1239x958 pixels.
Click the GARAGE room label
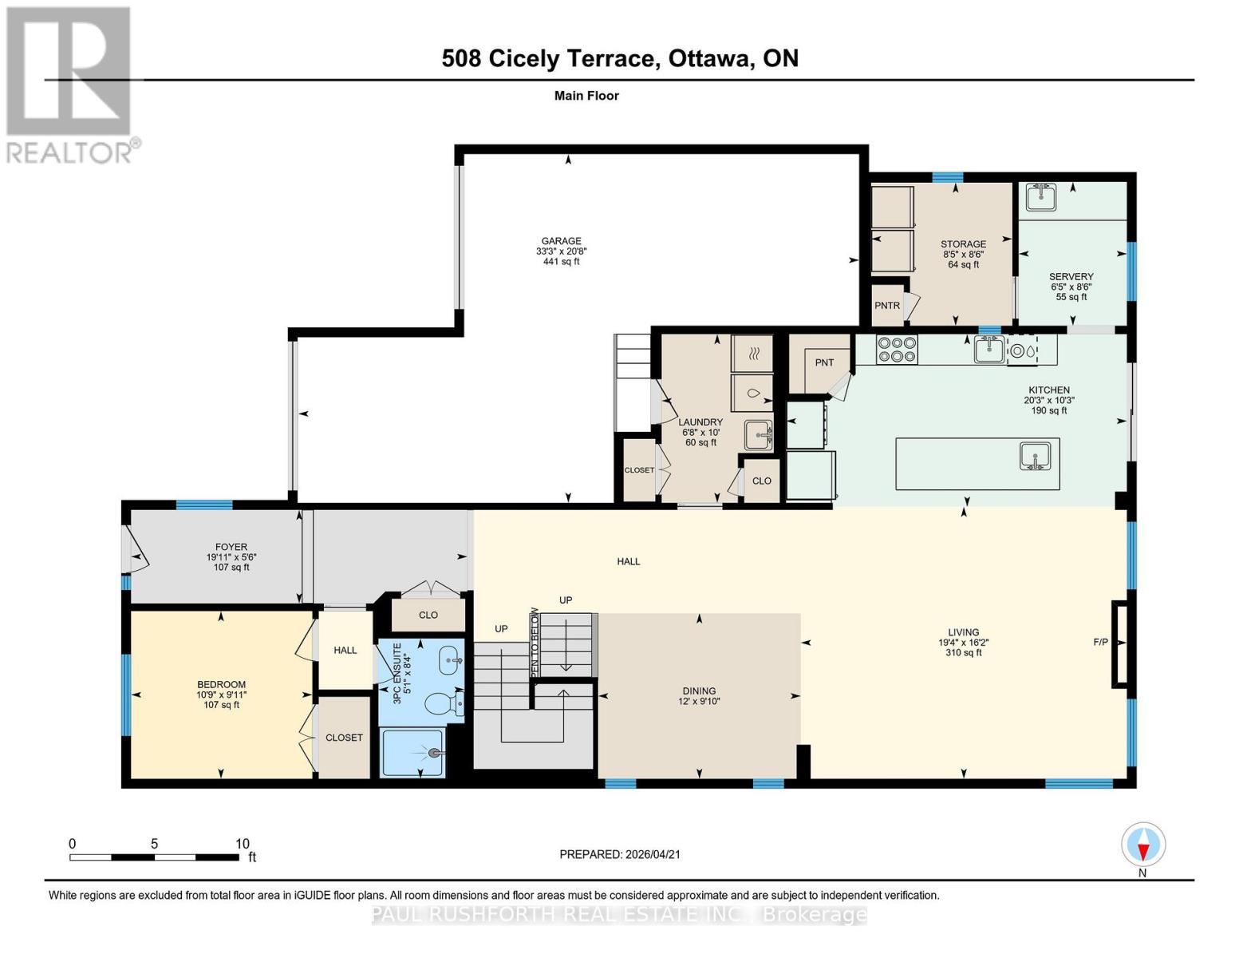point(561,241)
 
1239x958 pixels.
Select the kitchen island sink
point(1035,457)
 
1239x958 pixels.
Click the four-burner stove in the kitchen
point(897,349)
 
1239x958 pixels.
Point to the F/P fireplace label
point(1100,642)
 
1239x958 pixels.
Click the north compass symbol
point(1143,845)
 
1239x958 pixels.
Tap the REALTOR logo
point(69,85)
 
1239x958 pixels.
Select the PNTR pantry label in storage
point(886,306)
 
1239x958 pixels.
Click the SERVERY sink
point(1040,196)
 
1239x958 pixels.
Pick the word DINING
point(699,691)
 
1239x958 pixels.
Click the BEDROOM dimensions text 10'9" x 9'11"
point(222,695)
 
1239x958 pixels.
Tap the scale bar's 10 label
point(243,844)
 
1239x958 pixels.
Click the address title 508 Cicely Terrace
point(550,58)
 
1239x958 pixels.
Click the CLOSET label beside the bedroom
point(344,738)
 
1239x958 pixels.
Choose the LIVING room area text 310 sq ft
point(964,652)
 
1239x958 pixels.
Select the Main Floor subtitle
point(586,96)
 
